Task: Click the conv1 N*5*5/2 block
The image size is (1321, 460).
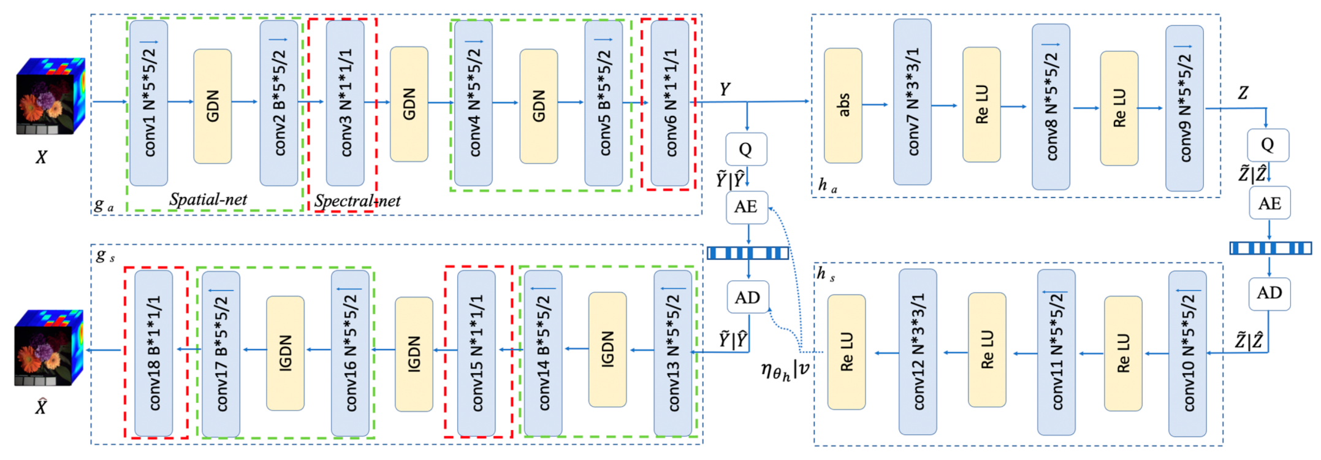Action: [149, 103]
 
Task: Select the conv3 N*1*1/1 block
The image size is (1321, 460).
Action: [345, 103]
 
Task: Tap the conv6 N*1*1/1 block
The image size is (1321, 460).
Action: [669, 103]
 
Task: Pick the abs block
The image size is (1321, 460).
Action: [843, 105]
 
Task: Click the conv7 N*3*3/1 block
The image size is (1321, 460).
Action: [912, 102]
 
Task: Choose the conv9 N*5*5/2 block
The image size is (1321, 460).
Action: [1184, 108]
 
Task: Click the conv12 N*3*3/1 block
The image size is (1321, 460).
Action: [918, 351]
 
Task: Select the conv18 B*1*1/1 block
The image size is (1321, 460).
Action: [154, 353]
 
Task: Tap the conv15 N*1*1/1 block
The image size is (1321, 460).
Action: [476, 353]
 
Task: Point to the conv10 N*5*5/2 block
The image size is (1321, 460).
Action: [1187, 354]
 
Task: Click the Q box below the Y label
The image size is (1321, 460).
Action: [746, 149]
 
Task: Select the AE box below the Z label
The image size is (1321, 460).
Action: [1270, 203]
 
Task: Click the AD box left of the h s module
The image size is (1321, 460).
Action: [747, 297]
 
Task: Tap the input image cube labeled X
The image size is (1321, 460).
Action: [50, 96]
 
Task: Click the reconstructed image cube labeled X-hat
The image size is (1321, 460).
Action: [48, 348]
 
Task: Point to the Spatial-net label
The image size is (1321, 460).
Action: [208, 199]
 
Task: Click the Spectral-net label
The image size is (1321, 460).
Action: [357, 201]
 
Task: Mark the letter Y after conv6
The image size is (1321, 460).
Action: [725, 90]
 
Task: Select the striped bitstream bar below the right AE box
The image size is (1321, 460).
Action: [1270, 248]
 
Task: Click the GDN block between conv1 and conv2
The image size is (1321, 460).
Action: [212, 106]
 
